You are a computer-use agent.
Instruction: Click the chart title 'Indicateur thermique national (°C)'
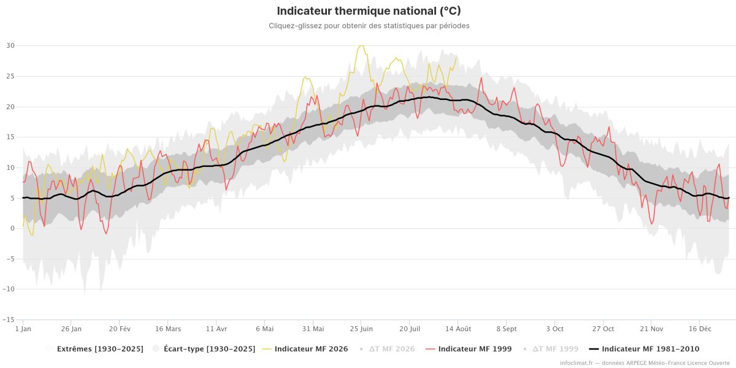coord(369,11)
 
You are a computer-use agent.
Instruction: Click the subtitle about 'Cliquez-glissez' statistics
coord(369,26)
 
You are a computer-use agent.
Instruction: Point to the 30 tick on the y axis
coord(10,45)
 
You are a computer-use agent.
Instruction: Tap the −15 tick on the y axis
coord(9,320)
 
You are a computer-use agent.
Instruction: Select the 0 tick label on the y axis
coord(12,228)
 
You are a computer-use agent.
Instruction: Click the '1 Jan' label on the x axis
coord(23,329)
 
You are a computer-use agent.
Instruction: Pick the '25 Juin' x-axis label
coord(361,329)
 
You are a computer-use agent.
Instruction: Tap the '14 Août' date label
coord(458,329)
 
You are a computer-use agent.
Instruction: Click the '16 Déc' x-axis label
coord(700,329)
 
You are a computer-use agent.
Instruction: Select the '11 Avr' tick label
coord(216,329)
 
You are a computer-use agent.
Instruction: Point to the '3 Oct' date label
coord(554,329)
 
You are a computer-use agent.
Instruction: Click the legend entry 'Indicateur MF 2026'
coord(305,349)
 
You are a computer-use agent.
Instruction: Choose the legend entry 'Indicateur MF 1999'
coord(469,349)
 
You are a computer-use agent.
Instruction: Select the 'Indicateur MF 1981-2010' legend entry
coord(644,349)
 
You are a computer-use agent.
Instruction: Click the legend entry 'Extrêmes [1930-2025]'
coord(94,349)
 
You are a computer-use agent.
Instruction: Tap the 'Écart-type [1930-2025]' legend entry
coord(204,349)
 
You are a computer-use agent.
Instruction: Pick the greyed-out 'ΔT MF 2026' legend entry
coord(387,349)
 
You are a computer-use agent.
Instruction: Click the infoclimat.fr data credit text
coord(645,363)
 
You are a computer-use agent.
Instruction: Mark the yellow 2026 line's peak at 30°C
coord(362,45)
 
